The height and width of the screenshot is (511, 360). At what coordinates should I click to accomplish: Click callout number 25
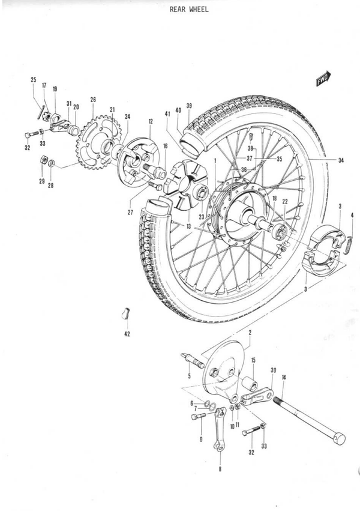[x=34, y=80]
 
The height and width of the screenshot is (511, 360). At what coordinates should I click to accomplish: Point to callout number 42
[x=127, y=334]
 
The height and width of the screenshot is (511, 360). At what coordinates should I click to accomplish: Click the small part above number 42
[x=126, y=314]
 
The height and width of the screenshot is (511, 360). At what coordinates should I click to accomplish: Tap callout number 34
[x=340, y=160]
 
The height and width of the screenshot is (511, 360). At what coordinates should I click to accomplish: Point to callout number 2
[x=250, y=332]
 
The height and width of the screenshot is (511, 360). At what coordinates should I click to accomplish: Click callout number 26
[x=93, y=100]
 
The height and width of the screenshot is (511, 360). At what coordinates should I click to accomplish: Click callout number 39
[x=189, y=105]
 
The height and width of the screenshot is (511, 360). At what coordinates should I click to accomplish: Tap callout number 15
[x=253, y=360]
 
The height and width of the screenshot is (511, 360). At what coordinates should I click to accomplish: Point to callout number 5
[x=189, y=376]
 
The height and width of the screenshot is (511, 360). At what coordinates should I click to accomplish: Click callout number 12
[x=150, y=121]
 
